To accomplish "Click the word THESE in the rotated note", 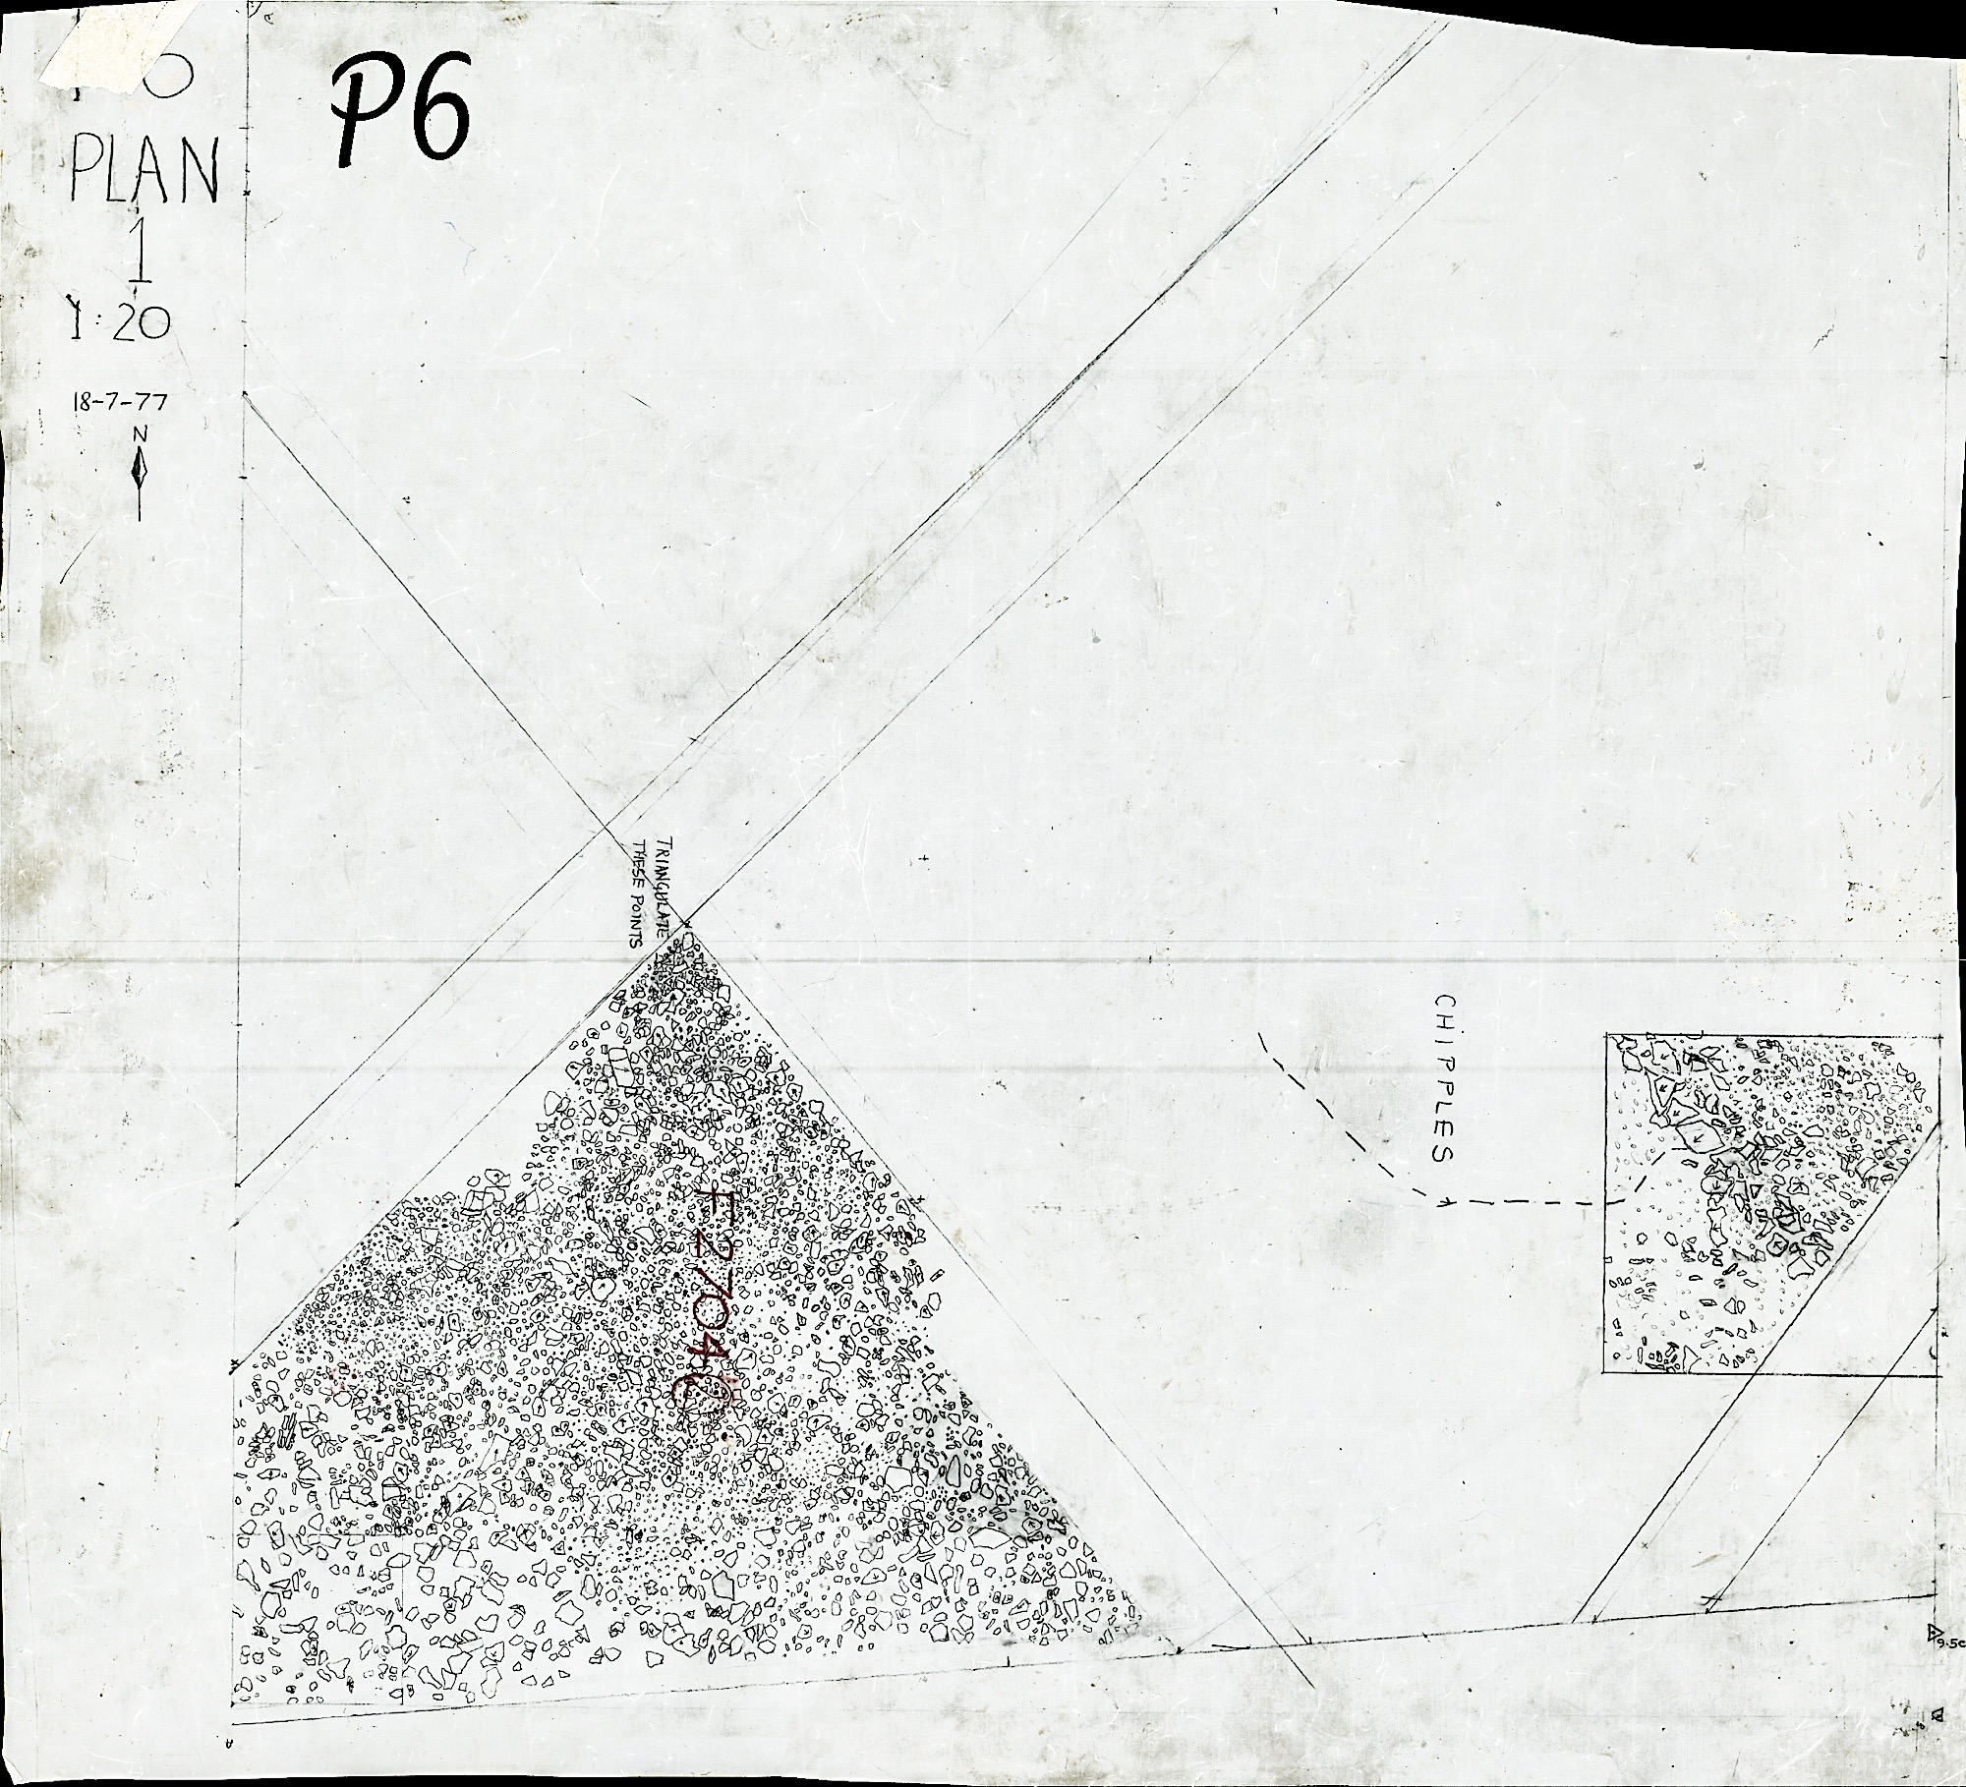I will pos(637,863).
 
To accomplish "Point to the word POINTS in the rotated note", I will pos(637,919).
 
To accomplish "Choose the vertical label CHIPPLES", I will pos(1444,1077).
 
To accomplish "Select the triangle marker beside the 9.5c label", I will pos(1934,1633).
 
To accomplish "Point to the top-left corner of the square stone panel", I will pos(1606,1034).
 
